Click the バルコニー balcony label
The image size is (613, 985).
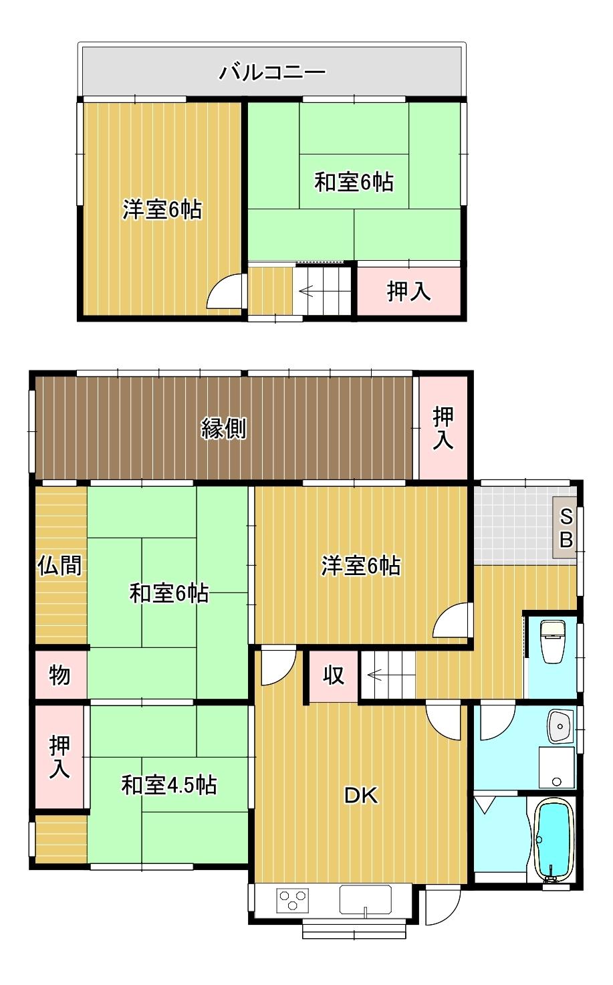[273, 72]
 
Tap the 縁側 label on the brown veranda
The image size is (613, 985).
[224, 428]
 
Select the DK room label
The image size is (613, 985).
[360, 796]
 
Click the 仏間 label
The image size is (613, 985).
[59, 566]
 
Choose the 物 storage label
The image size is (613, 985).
[59, 675]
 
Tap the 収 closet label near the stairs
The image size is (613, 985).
[334, 675]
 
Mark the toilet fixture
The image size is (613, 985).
[552, 641]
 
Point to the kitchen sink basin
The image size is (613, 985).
[366, 897]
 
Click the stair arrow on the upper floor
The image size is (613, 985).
[305, 291]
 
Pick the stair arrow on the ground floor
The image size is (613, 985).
[375, 675]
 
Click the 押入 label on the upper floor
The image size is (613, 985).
[408, 291]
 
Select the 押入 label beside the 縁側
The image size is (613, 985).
[443, 428]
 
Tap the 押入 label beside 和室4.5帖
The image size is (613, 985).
[59, 757]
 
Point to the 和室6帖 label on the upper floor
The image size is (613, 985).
[354, 182]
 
